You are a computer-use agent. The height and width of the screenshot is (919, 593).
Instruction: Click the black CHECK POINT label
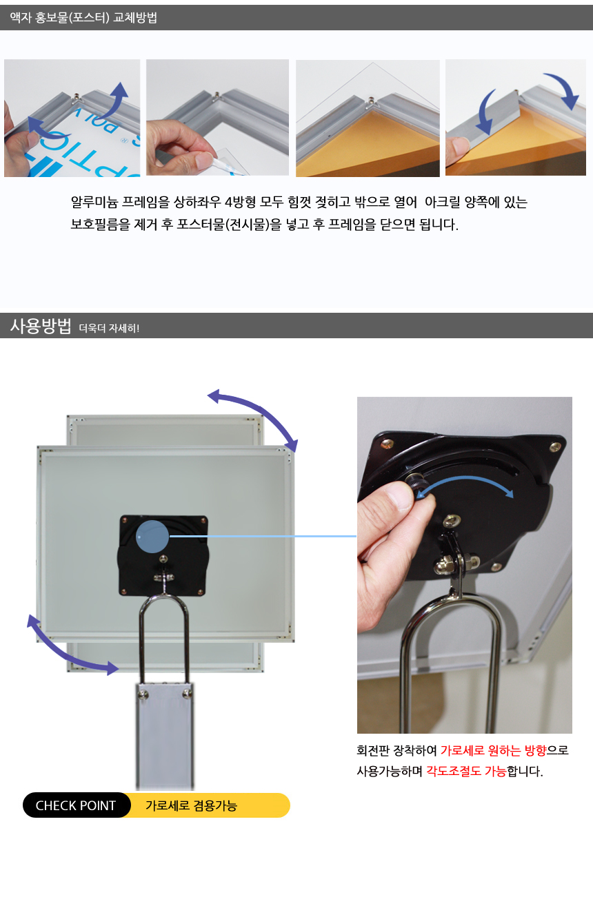pos(77,805)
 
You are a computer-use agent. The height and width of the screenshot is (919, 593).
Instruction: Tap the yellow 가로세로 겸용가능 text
pos(192,805)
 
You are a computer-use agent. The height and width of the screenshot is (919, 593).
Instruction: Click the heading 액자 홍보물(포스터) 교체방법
pos(83,17)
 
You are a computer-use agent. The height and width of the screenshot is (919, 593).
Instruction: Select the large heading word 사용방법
pos(41,326)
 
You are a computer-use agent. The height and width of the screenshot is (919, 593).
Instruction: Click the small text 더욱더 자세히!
pos(109,328)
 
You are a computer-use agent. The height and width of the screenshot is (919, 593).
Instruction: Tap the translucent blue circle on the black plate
pos(152,536)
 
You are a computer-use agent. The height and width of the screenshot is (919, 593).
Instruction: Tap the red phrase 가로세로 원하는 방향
pos(494,750)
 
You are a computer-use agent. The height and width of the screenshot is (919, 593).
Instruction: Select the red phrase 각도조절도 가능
pos(466,772)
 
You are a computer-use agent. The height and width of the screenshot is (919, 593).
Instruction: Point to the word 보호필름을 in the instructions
pos(101,225)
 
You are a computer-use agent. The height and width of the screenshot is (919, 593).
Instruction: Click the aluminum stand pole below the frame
pos(165,736)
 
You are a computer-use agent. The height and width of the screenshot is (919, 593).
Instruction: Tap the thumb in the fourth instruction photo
pos(457,149)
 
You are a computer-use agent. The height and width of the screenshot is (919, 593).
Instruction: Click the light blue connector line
pos(263,536)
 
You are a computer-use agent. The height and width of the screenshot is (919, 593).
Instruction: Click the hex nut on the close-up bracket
pos(443,566)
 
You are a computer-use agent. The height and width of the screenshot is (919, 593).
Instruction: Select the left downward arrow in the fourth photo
pos(487,112)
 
